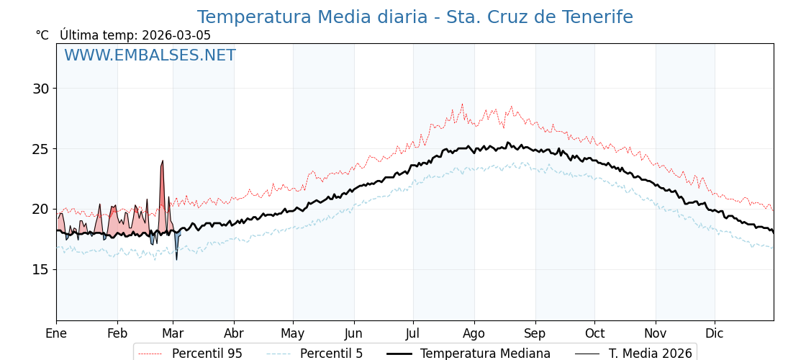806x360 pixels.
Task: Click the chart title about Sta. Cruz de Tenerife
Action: pos(415,17)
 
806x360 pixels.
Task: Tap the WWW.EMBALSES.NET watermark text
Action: pos(150,55)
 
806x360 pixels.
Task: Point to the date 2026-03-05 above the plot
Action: pos(176,35)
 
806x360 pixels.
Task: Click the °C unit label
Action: pos(42,35)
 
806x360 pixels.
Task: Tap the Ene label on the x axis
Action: pos(56,333)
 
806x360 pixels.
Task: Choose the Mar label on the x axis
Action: pos(173,333)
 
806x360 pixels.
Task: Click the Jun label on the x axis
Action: pos(353,333)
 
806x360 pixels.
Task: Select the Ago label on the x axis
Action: pos(474,333)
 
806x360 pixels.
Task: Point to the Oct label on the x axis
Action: pos(594,333)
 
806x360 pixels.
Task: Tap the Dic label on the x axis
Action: pos(715,333)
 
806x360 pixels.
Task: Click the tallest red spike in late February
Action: pos(163,164)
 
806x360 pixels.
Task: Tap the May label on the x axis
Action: pos(293,333)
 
